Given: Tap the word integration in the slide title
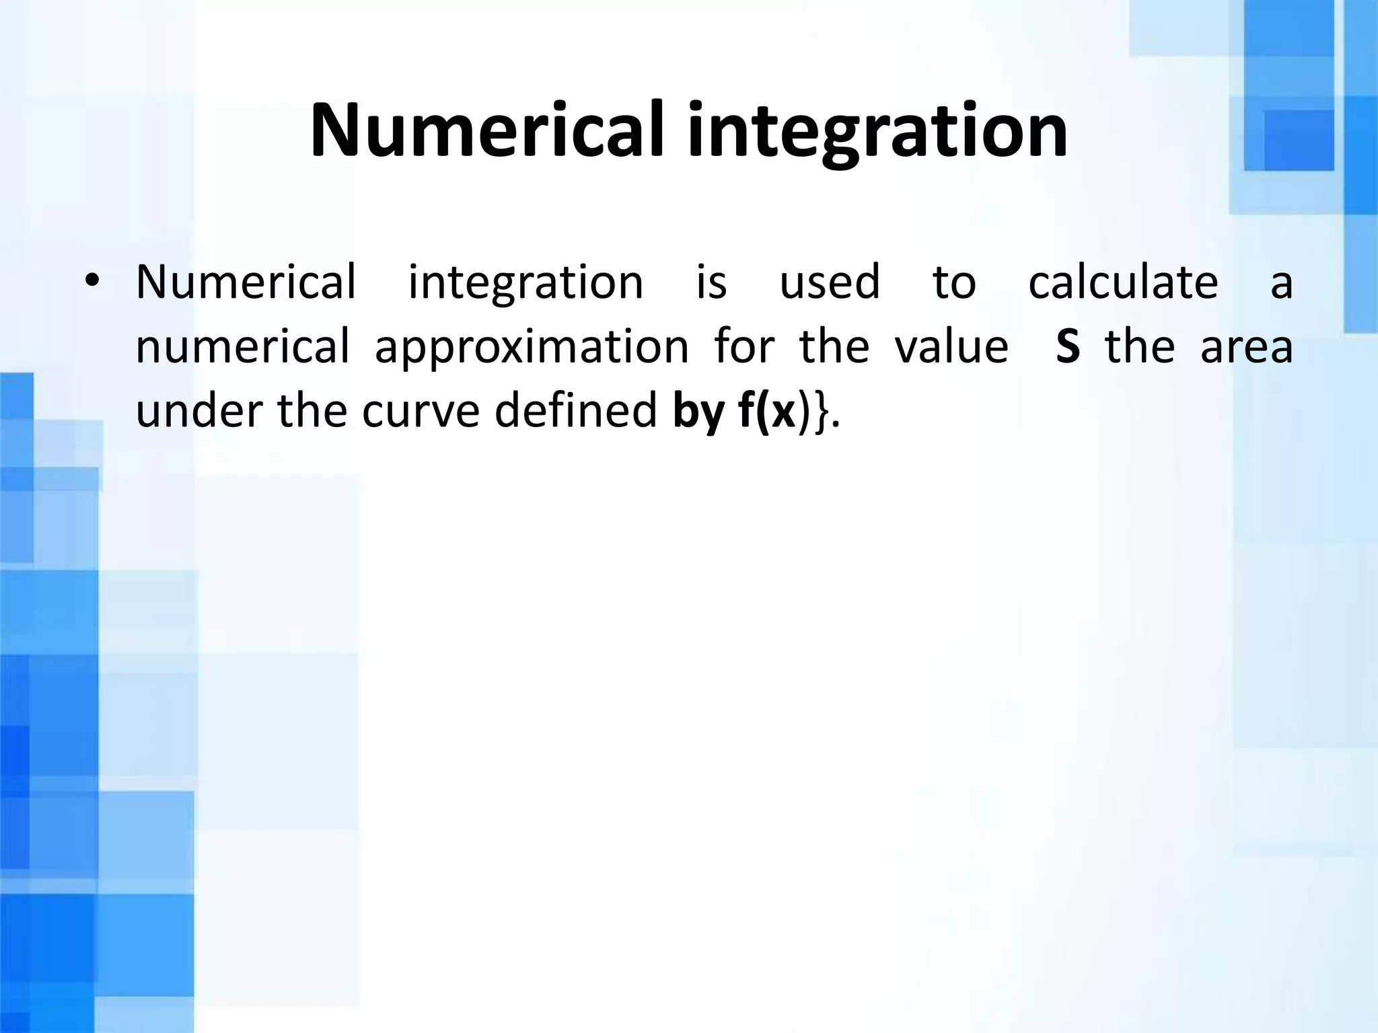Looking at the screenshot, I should [x=877, y=131].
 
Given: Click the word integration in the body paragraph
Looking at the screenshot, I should [x=525, y=282].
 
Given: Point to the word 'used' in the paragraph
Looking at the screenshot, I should [x=830, y=282].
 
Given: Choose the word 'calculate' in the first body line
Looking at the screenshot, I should [x=1123, y=282].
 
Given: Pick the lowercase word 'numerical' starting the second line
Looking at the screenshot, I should [x=242, y=346].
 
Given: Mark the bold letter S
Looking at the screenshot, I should [x=1068, y=347].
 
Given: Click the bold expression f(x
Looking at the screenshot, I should [x=767, y=412].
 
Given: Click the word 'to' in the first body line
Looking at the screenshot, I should [x=953, y=282].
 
